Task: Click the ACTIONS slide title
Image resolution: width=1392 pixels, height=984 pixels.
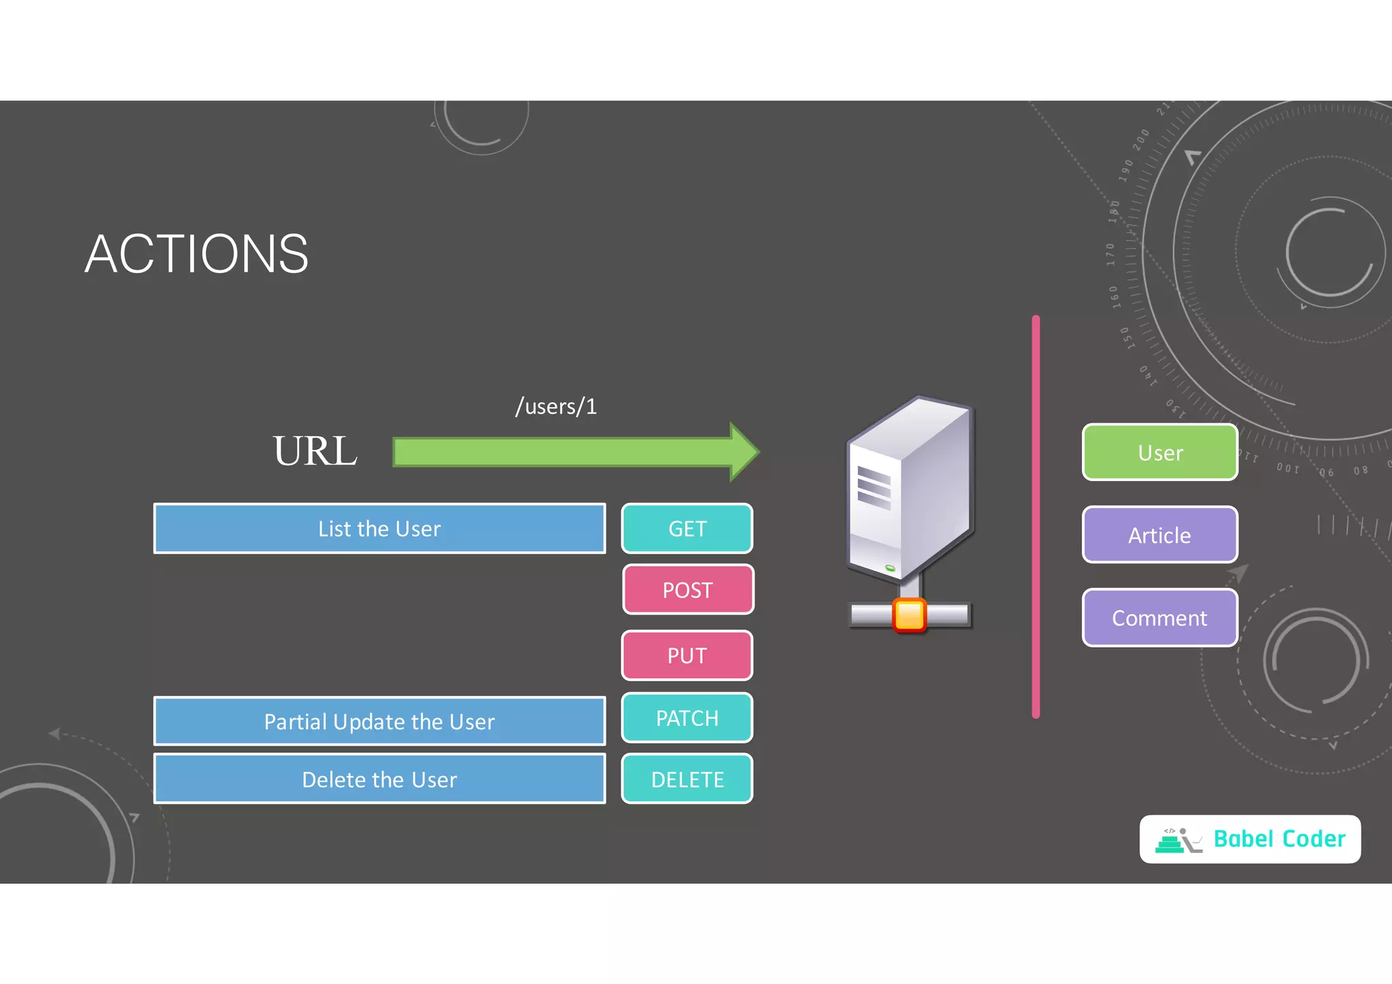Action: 196,254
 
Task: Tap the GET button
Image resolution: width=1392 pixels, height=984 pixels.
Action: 687,529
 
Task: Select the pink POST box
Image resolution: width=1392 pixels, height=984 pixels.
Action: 688,590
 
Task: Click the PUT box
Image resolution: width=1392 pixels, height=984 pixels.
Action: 687,656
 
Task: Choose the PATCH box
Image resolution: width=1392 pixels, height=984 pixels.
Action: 687,718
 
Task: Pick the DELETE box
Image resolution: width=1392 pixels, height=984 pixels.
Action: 687,779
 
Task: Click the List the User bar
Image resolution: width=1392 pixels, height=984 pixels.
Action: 379,529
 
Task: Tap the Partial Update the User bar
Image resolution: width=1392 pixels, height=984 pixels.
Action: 379,722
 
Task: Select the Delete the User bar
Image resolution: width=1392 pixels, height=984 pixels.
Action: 379,779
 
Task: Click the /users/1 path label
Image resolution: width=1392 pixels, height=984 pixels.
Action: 556,406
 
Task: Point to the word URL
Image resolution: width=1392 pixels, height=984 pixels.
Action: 315,451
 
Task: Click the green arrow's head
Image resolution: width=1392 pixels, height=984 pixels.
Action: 744,452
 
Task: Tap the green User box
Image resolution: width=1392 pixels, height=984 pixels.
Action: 1160,453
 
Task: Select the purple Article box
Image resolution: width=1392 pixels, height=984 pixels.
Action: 1160,535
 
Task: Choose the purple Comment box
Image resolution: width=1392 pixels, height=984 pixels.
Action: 1160,618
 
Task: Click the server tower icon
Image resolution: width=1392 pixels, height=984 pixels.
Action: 911,489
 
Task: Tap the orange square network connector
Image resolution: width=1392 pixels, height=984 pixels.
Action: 909,616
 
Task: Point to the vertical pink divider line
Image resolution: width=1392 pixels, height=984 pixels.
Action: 1036,516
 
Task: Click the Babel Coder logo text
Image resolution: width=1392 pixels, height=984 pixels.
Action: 1279,839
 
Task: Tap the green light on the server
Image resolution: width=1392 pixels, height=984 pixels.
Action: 890,567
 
